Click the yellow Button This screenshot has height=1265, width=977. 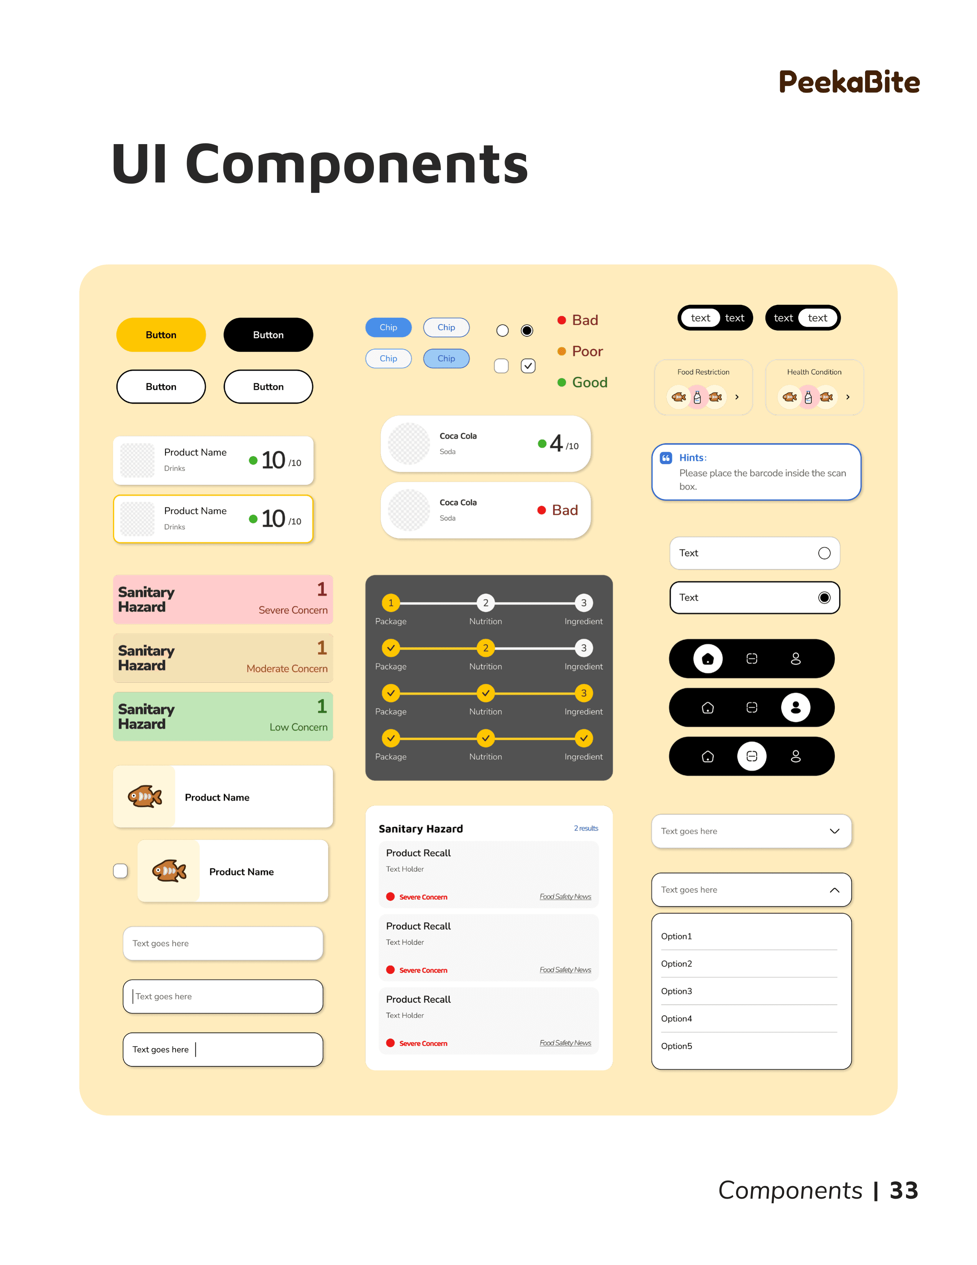tap(161, 335)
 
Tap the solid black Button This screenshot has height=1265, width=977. tap(268, 335)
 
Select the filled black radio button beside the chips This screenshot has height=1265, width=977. tap(527, 330)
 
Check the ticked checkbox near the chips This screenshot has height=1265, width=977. tap(528, 365)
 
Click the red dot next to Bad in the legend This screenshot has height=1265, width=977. tap(561, 320)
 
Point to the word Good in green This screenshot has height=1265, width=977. tap(589, 382)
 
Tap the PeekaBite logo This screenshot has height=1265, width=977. tap(849, 82)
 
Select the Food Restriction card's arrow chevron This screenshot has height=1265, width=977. tap(737, 397)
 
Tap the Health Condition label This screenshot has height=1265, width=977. tap(814, 372)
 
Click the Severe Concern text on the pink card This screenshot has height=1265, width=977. tap(293, 610)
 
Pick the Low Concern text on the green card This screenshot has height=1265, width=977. tap(298, 727)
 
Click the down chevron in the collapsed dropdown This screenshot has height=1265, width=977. tap(834, 831)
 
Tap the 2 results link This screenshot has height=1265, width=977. tap(586, 828)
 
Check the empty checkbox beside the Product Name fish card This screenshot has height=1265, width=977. tap(120, 871)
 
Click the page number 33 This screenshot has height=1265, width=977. tap(903, 1190)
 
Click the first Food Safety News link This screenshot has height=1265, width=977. tap(565, 897)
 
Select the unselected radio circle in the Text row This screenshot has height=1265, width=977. tap(824, 553)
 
